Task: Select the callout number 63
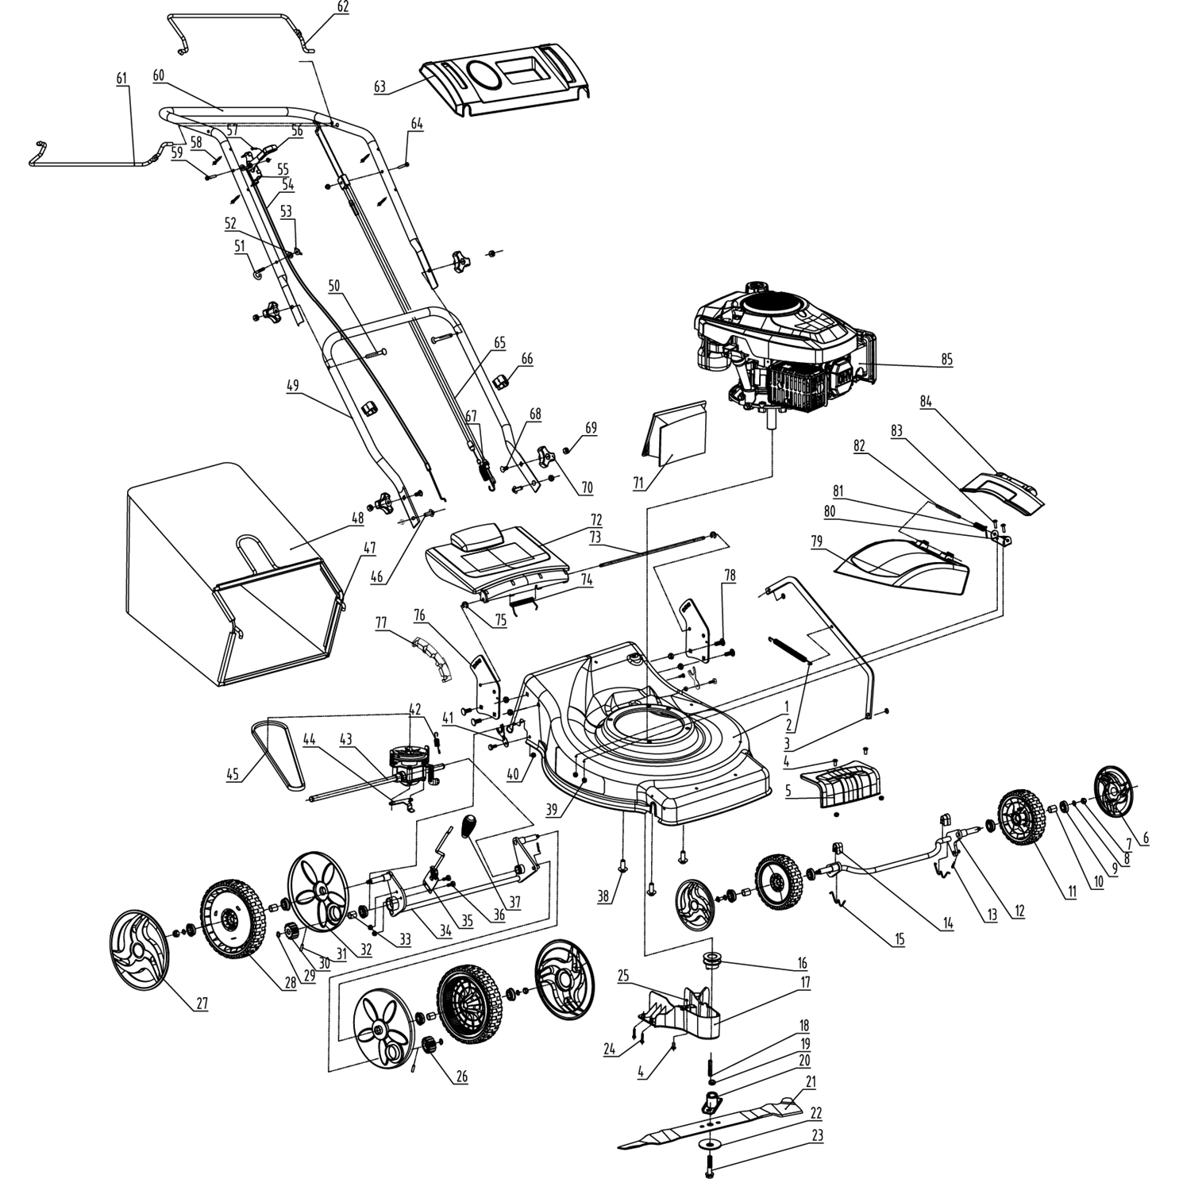click(380, 87)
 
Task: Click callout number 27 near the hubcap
click(202, 1003)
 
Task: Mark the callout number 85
click(946, 360)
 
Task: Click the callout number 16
click(802, 963)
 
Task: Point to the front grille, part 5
click(843, 786)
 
